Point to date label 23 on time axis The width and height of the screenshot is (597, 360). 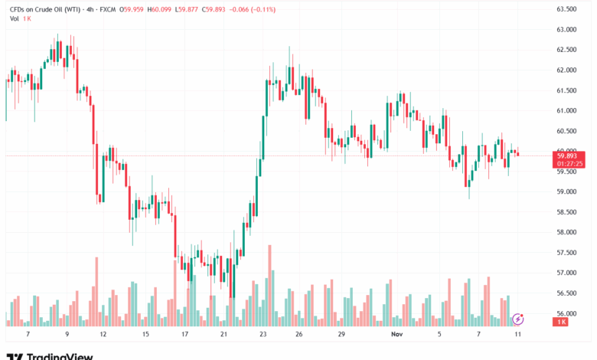[263, 335]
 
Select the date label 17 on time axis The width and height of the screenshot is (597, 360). [184, 335]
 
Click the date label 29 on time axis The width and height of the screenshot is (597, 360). [341, 335]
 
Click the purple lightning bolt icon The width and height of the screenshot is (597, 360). [518, 319]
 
